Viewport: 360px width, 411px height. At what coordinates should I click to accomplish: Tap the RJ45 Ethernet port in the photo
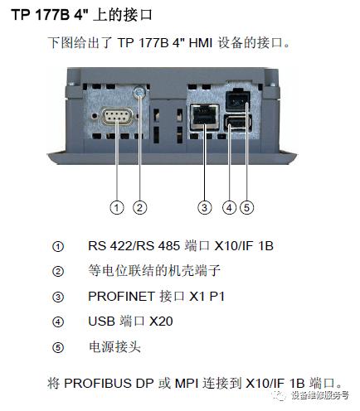(x=201, y=119)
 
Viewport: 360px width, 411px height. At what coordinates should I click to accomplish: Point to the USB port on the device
(x=234, y=125)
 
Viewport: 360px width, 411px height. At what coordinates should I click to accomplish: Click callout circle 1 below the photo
(x=118, y=207)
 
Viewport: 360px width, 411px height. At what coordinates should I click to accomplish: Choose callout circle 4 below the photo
(x=229, y=207)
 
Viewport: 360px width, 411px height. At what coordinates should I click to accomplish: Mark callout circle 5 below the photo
(x=248, y=207)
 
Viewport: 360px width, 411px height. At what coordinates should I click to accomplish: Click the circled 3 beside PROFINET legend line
(x=57, y=296)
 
